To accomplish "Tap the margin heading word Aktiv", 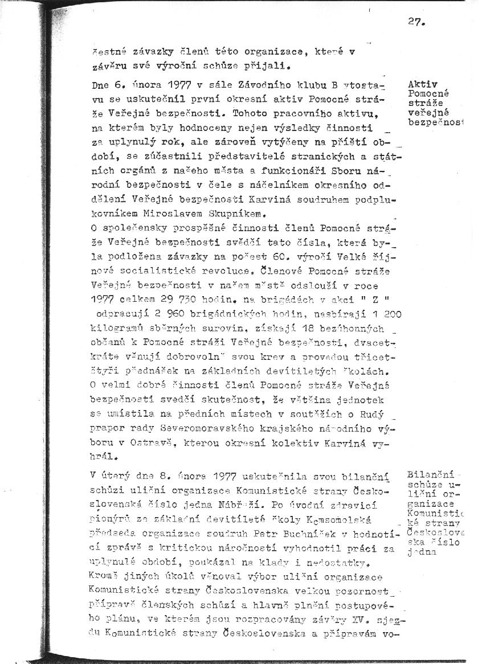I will coord(423,84).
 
